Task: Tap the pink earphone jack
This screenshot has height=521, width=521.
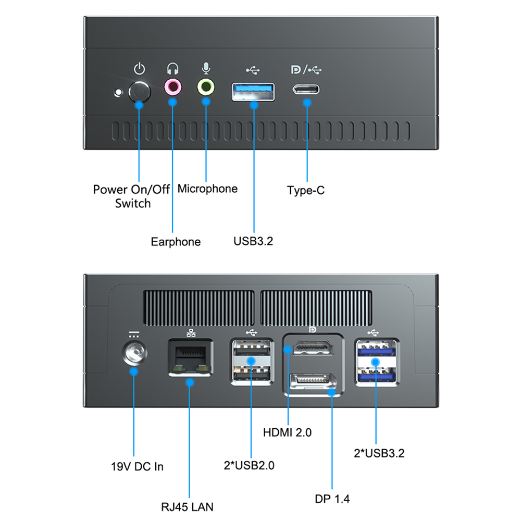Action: (x=173, y=87)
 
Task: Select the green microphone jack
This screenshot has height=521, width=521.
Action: (x=206, y=87)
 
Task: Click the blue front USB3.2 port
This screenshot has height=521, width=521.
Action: (x=254, y=91)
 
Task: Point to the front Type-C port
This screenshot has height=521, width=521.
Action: (x=306, y=89)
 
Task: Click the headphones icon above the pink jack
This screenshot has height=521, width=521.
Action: (x=173, y=69)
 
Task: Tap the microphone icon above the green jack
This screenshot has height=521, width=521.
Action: (x=206, y=69)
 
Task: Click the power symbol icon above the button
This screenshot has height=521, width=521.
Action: (x=139, y=69)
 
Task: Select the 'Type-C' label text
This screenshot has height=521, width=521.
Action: (x=306, y=190)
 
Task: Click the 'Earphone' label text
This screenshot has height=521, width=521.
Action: (x=176, y=242)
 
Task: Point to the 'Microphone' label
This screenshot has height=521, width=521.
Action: (x=207, y=189)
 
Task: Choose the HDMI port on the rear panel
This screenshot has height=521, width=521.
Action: (x=313, y=348)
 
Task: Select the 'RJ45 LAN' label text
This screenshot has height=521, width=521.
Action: (x=187, y=506)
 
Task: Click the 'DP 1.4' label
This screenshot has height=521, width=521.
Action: (x=332, y=499)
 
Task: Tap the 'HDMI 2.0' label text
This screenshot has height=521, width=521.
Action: (x=287, y=432)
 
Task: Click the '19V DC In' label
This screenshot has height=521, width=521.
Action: (x=138, y=466)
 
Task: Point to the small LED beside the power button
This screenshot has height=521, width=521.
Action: (x=119, y=93)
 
